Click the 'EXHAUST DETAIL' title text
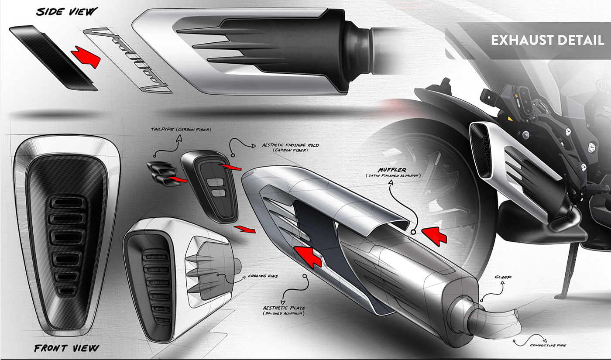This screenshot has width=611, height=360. click(547, 41)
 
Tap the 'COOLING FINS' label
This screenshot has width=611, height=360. click(263, 276)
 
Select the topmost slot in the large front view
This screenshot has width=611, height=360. click(66, 203)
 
